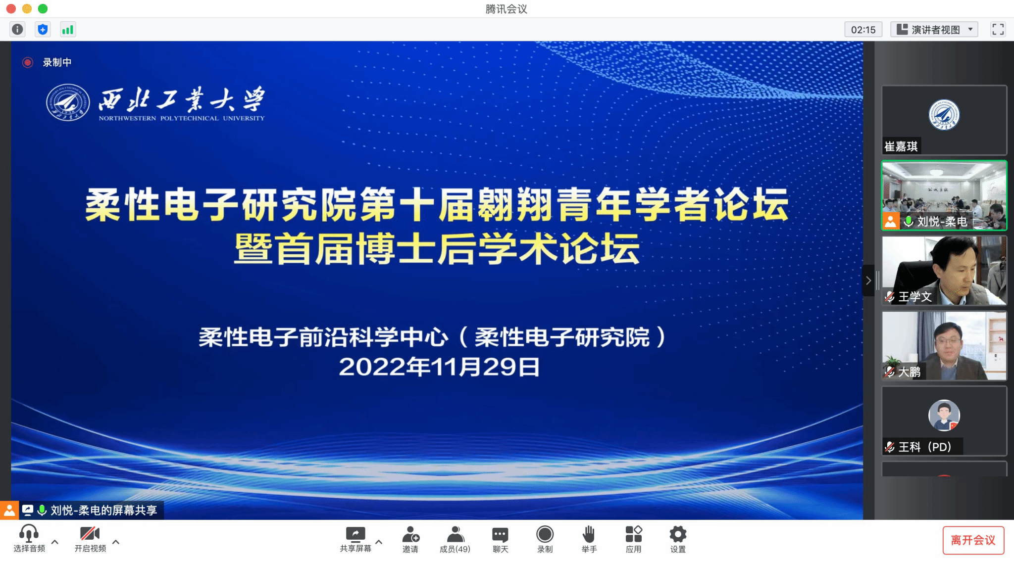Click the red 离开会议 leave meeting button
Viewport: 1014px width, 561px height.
[973, 540]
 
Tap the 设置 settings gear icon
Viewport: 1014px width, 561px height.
[678, 534]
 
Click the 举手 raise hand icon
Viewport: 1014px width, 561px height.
[589, 534]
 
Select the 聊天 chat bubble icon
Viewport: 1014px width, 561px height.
[500, 535]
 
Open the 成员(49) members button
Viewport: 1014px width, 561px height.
[455, 539]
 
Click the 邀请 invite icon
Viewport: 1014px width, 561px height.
[410, 534]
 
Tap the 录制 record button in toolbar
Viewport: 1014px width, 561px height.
[545, 534]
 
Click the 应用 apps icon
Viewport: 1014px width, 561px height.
[633, 534]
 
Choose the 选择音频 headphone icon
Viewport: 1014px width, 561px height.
[29, 533]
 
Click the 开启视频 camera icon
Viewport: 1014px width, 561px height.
[90, 533]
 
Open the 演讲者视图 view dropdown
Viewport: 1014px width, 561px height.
[934, 30]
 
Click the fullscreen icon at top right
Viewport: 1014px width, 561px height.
[998, 30]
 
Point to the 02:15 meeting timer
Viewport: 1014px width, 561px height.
[863, 30]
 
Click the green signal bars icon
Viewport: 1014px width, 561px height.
[67, 30]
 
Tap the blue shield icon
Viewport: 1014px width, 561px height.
[43, 30]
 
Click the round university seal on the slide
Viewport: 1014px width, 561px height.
[68, 102]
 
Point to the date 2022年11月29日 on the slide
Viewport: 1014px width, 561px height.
[439, 367]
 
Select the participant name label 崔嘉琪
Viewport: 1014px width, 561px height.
[901, 146]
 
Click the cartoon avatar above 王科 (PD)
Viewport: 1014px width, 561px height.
[944, 416]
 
